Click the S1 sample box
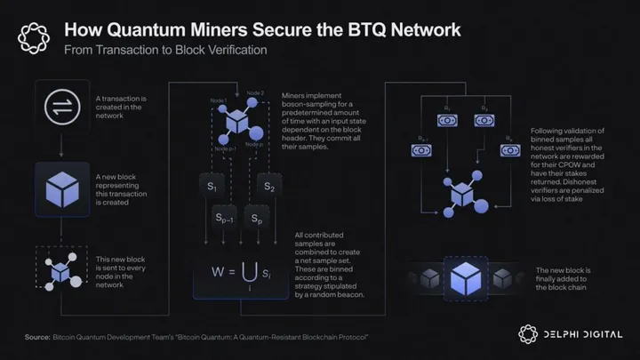coord(212,188)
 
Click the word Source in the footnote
coord(38,339)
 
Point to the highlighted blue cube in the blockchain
coord(466,276)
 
